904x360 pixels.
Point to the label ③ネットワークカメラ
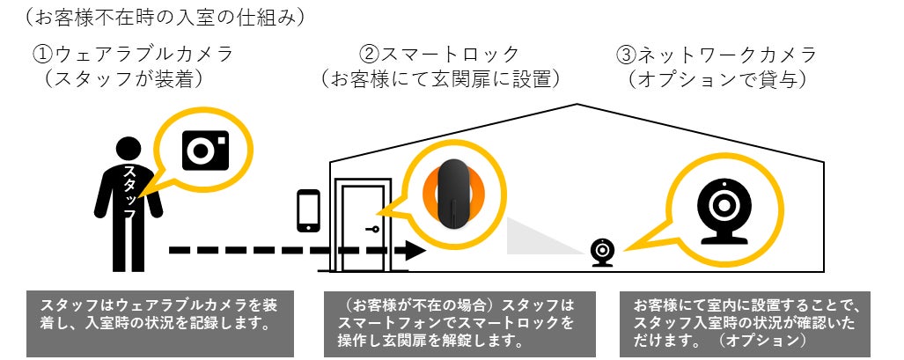click(718, 55)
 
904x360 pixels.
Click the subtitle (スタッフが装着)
click(124, 79)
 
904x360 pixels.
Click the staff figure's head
click(129, 151)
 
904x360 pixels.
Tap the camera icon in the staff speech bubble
click(204, 149)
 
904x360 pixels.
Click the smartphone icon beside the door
click(308, 209)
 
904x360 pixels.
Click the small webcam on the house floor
click(602, 252)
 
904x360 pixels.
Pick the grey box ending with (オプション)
click(746, 323)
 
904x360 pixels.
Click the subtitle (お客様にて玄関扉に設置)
click(440, 79)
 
